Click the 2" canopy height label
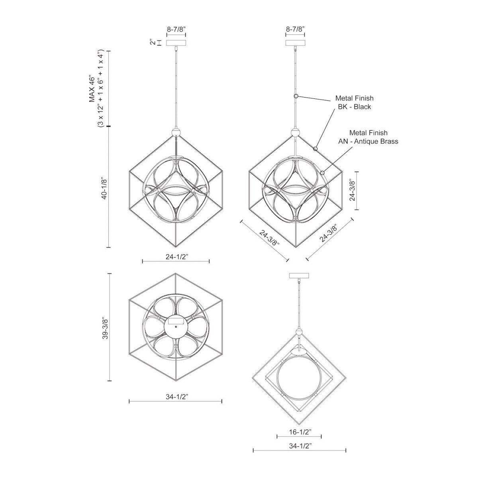152,43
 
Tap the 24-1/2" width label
176,257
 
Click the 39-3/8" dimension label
104,327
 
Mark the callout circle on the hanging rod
296,96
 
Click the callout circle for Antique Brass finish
322,172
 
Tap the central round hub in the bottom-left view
176,327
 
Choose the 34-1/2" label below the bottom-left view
175,396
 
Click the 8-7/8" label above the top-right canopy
296,29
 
